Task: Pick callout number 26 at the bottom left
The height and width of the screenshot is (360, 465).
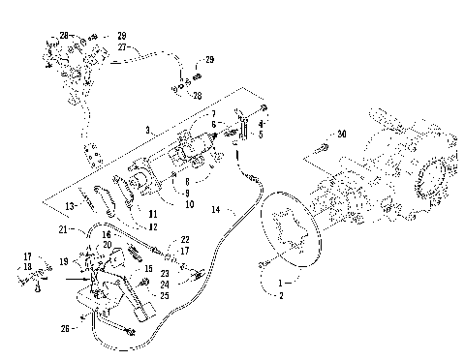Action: [x=64, y=327]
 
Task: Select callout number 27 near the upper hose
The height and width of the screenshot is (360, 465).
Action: [x=123, y=45]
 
